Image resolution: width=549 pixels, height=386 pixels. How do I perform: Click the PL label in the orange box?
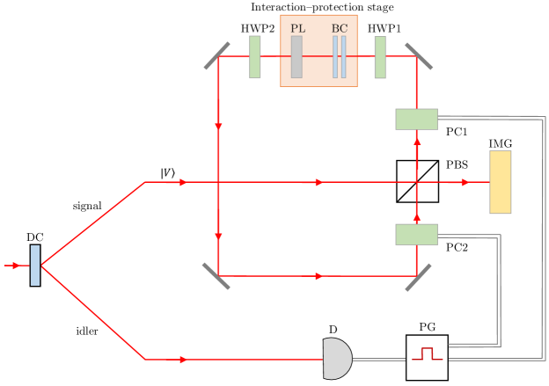tap(297, 28)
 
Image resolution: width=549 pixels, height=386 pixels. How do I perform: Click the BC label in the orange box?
tap(340, 28)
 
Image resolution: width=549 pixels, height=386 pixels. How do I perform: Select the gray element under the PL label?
tap(296, 56)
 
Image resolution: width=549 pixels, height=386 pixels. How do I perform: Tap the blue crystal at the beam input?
tap(35, 265)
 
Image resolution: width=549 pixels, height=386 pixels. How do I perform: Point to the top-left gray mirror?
tap(217, 55)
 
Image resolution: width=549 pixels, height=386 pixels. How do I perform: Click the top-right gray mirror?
tap(418, 55)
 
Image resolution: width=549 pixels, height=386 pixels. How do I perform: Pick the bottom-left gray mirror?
tap(216, 275)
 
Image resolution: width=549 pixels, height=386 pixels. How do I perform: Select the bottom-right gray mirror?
tap(418, 276)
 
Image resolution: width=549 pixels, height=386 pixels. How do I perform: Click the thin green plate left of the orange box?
tap(254, 56)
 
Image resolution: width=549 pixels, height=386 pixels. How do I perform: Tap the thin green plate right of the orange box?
tap(379, 56)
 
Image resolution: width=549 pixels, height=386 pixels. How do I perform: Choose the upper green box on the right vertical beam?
tap(416, 119)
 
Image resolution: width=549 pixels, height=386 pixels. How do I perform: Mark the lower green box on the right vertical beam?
tap(416, 234)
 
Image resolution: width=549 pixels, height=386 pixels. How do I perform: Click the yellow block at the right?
tap(500, 182)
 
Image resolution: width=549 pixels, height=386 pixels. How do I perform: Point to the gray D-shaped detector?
tap(336, 359)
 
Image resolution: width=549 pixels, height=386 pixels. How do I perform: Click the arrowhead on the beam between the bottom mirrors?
tap(318, 276)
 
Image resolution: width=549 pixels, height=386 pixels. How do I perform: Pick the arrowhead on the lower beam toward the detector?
tap(183, 359)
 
